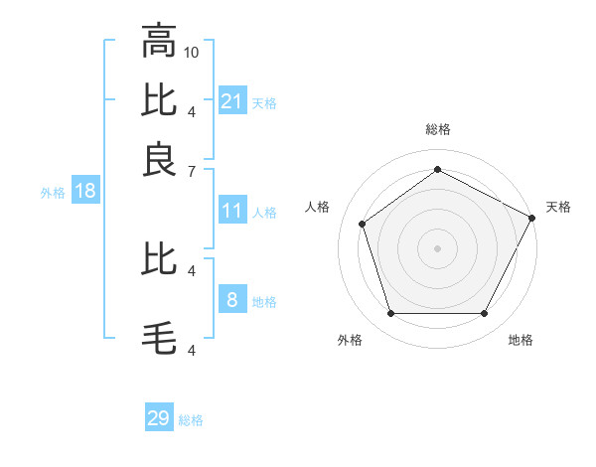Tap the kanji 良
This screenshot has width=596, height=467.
160,159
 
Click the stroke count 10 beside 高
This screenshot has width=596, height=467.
193,51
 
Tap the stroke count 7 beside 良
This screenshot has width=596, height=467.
191,170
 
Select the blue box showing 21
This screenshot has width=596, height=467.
232,100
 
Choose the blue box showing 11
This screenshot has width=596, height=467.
232,211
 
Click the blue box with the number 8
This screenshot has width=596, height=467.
232,299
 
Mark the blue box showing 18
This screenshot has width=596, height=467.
85,191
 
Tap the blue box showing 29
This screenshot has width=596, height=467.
159,418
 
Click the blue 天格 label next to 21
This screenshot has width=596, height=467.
264,102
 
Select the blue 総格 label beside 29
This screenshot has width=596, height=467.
191,420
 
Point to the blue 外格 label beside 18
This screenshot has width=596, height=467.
52,193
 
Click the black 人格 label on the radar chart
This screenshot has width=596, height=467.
318,207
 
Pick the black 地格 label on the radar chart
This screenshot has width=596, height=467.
521,340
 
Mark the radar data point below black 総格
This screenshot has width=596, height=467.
437,169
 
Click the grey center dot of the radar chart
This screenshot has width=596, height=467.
437,246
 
